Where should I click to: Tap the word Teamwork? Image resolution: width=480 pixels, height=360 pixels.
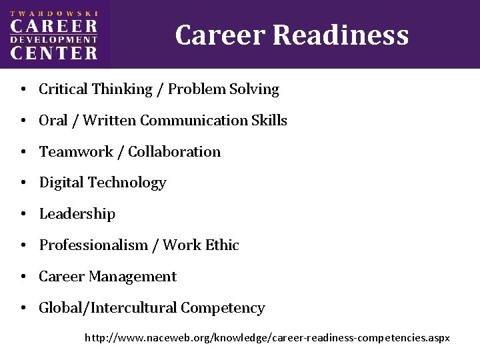pyautogui.click(x=71, y=151)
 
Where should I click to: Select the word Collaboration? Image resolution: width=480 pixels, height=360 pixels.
pyautogui.click(x=174, y=151)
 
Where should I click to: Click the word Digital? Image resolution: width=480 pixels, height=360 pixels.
pyautogui.click(x=61, y=182)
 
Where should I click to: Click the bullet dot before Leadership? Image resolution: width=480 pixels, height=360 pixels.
pyautogui.click(x=23, y=215)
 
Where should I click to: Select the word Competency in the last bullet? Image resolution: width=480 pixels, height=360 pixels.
pyautogui.click(x=223, y=308)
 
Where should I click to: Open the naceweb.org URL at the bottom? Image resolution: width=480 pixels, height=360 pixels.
pyautogui.click(x=267, y=338)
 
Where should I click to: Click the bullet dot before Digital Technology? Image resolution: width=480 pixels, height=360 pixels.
pyautogui.click(x=23, y=183)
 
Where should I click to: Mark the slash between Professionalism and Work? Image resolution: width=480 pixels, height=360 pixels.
pyautogui.click(x=155, y=245)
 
